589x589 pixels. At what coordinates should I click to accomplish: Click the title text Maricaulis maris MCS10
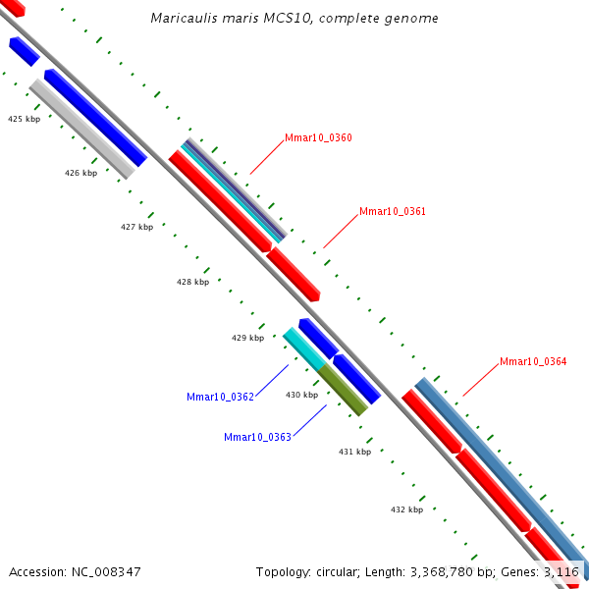(294, 19)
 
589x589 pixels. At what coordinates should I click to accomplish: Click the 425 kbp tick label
(25, 119)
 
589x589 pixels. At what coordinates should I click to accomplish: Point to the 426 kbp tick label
(80, 173)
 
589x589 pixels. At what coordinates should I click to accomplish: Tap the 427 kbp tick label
(136, 227)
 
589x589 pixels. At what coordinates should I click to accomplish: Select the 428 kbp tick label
(192, 282)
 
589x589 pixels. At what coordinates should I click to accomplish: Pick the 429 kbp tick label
(247, 338)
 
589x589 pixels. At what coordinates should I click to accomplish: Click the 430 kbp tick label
(301, 395)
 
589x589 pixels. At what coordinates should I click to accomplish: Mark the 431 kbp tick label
(354, 452)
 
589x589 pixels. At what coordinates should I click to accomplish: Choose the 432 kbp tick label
(406, 509)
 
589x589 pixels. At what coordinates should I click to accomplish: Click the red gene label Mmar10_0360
(318, 137)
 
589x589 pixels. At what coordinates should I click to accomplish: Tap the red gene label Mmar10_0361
(393, 211)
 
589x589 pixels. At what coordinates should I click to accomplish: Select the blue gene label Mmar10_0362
(220, 397)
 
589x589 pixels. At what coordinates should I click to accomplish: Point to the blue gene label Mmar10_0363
(257, 437)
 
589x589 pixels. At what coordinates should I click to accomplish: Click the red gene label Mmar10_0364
(533, 361)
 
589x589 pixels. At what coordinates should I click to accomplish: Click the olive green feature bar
(343, 390)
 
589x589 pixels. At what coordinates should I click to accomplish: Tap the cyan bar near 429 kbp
(303, 349)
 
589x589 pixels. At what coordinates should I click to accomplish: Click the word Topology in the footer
(281, 571)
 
